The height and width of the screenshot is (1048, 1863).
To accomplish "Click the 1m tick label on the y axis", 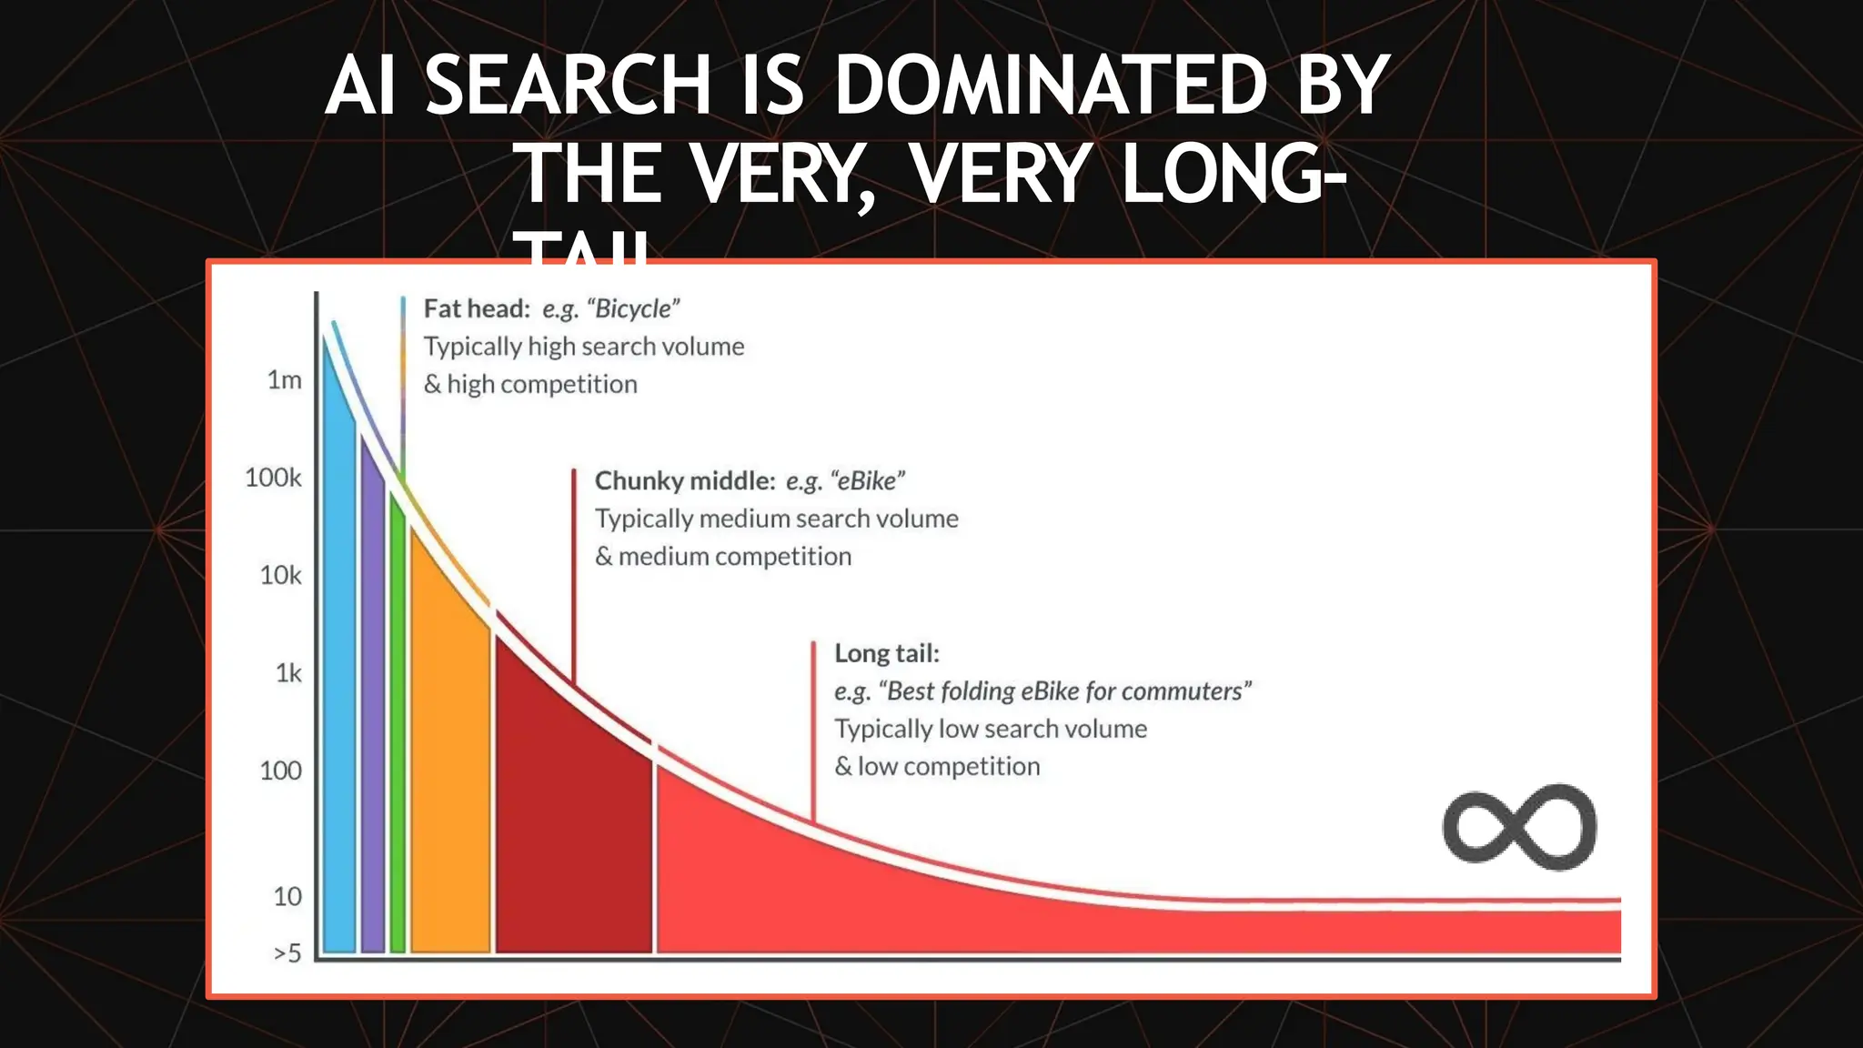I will pyautogui.click(x=284, y=380).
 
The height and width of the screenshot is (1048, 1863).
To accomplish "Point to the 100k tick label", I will pyautogui.click(x=273, y=478).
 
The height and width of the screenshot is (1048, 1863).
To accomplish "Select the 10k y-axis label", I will pyautogui.click(x=280, y=576).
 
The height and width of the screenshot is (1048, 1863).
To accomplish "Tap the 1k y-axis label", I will pyautogui.click(x=288, y=673).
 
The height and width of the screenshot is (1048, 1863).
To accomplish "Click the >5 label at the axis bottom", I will pyautogui.click(x=287, y=953).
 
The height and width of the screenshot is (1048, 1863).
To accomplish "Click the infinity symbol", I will pyautogui.click(x=1519, y=827).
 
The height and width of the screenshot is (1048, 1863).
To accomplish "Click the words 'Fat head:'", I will pyautogui.click(x=477, y=309).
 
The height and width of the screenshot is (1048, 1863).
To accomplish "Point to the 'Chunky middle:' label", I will pyautogui.click(x=685, y=481).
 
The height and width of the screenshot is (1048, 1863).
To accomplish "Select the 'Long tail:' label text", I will pyautogui.click(x=887, y=653).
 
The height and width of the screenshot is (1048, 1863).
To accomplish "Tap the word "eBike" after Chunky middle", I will pyautogui.click(x=867, y=481).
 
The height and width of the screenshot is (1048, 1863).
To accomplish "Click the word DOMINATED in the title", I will pyautogui.click(x=1050, y=86).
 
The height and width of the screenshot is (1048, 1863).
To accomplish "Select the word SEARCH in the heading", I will pyautogui.click(x=568, y=86).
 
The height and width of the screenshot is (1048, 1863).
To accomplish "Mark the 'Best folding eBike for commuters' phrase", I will pyautogui.click(x=1064, y=691).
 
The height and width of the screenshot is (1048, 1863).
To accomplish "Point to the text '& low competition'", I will pyautogui.click(x=937, y=767).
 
